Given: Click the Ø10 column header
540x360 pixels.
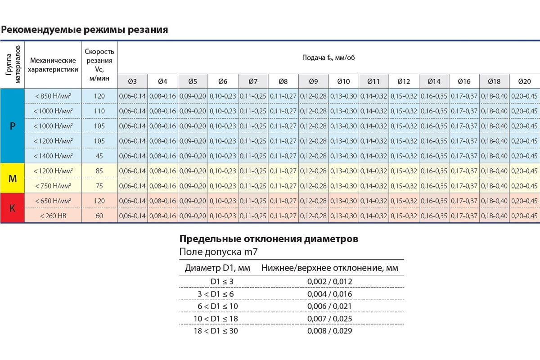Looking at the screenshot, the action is coord(343,81).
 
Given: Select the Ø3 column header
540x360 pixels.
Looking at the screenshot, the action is coord(132,81).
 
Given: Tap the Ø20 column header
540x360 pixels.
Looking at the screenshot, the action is coord(524,81).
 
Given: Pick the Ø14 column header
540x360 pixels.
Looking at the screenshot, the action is coord(434,81).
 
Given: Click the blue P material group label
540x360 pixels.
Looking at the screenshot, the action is coord(13,126).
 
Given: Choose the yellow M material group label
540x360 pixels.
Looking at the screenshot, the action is coord(13,179).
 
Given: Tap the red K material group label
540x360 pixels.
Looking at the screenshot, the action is coord(13,208).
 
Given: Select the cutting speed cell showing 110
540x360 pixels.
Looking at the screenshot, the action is coord(99,111).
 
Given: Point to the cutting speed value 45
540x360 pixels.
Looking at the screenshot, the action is coord(99,156).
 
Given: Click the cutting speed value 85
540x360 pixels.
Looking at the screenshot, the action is coord(99,171).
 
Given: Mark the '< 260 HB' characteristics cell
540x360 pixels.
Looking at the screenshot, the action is coord(53,216).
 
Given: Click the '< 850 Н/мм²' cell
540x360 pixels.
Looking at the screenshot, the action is coord(53,96).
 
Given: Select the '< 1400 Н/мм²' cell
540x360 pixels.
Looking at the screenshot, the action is coord(53,156).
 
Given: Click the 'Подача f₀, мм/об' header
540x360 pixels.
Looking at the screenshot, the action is coord(328,58).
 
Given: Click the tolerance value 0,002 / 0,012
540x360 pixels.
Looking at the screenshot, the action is coord(329,281).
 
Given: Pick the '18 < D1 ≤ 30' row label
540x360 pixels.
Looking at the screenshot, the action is coord(216,331).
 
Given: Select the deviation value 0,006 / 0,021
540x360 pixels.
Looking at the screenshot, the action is coord(329,306).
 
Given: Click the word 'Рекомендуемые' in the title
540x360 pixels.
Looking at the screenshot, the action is coord(41,30).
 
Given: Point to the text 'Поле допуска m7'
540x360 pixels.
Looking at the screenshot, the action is coord(218,252).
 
